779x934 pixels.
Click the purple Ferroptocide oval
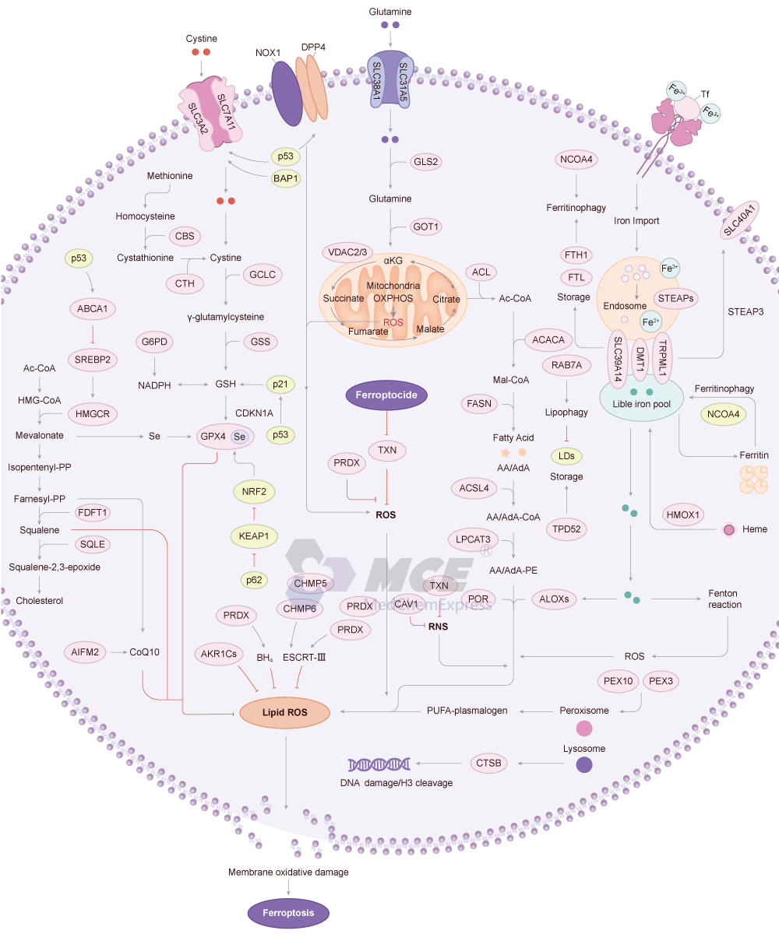(x=387, y=395)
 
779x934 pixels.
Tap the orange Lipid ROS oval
(x=284, y=711)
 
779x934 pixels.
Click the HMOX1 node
(x=683, y=514)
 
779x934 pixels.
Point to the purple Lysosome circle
(x=583, y=765)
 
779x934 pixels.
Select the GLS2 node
(x=427, y=162)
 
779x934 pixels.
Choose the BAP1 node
(x=286, y=178)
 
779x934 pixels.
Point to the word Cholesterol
(x=39, y=600)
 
